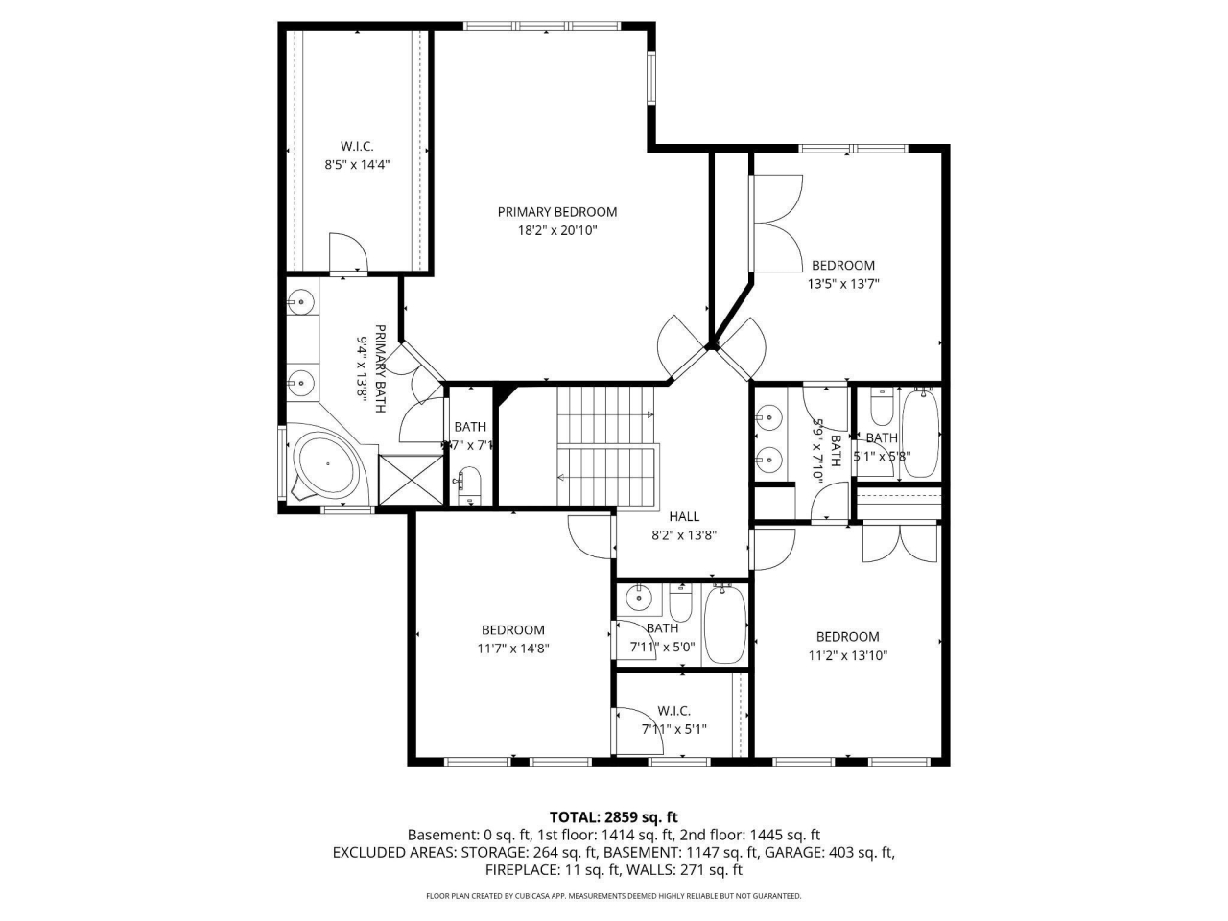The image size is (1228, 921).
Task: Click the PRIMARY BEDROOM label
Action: pos(556,212)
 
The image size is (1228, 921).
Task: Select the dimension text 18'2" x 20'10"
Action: pos(556,231)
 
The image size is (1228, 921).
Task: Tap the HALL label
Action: pos(684,516)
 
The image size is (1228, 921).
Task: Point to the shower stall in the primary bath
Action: pos(412,480)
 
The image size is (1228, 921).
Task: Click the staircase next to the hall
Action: pos(606,444)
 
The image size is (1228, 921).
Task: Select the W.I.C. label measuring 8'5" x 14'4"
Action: pos(357,146)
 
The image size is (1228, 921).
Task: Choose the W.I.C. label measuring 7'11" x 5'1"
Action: pos(673,711)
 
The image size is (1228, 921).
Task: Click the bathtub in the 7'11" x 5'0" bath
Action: pos(725,625)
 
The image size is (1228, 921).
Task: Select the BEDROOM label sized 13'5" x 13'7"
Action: pos(843,266)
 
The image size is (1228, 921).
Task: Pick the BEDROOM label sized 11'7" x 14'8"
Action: pos(512,630)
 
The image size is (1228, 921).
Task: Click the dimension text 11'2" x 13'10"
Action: pos(847,656)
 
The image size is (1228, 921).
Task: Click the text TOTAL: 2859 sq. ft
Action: pos(613,817)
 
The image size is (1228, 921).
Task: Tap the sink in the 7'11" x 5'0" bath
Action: pos(638,600)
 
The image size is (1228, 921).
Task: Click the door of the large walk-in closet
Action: pos(348,254)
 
